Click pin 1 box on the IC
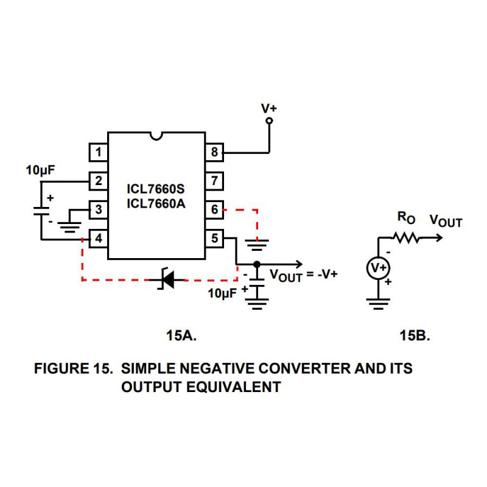[99, 152]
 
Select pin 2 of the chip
[99, 181]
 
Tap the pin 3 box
[99, 209]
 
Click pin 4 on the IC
[99, 238]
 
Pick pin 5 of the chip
[214, 238]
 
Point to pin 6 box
[214, 209]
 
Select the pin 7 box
[214, 181]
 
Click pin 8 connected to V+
[214, 152]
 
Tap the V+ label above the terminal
[269, 108]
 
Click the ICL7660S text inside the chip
[156, 189]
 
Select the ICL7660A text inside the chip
[156, 203]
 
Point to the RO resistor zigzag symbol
[408, 237]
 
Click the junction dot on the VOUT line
[257, 264]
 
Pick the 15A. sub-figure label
[182, 335]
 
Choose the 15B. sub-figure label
[416, 335]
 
